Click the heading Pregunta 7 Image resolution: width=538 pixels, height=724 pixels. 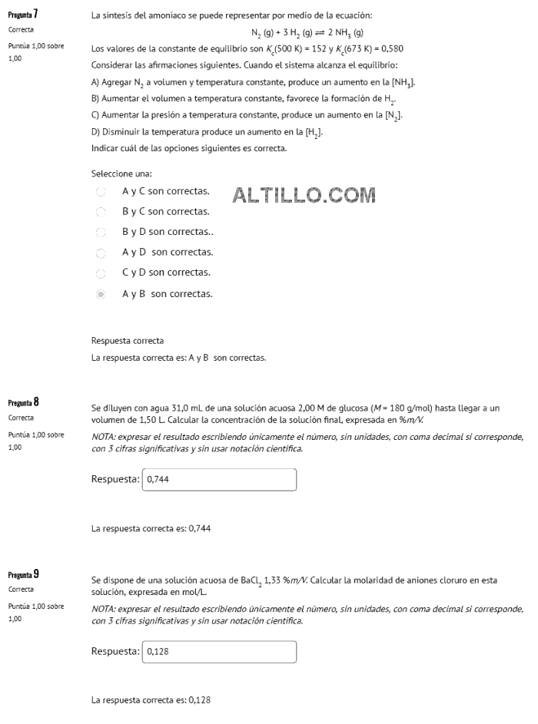tap(24, 15)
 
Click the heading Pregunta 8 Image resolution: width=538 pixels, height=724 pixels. tap(24, 402)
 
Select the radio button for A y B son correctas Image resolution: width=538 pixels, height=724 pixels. tap(100, 294)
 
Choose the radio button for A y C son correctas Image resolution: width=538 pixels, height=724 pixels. tap(100, 191)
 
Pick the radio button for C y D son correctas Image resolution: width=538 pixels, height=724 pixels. tap(100, 273)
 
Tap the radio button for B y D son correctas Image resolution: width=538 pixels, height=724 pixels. tap(100, 232)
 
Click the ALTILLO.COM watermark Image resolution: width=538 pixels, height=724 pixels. tap(304, 196)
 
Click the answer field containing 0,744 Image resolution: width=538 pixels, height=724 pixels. tap(219, 479)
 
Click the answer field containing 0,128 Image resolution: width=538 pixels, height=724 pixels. tap(219, 652)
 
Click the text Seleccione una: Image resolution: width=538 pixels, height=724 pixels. tap(121, 174)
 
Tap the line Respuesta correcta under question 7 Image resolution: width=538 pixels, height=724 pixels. tap(128, 341)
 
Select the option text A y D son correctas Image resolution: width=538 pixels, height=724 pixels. tap(168, 252)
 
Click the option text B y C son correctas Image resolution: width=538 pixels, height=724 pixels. tap(166, 211)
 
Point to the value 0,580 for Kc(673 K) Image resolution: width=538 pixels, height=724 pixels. tap(392, 48)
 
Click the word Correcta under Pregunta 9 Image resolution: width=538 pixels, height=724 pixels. tap(21, 590)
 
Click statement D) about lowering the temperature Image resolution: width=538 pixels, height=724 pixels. tap(207, 132)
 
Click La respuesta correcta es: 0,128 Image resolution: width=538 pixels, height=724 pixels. tap(151, 700)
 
